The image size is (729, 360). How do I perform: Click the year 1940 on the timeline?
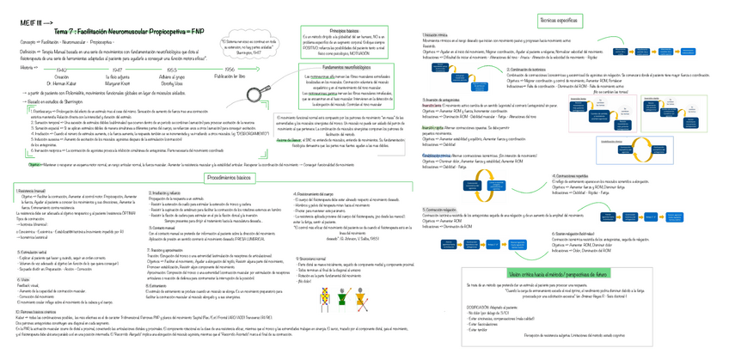click(x=61, y=70)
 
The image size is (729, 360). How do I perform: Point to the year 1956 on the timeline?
click(x=229, y=70)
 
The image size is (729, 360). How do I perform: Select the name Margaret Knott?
click(x=118, y=83)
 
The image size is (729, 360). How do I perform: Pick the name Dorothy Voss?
click(x=172, y=83)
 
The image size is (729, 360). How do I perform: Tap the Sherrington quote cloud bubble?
click(x=249, y=45)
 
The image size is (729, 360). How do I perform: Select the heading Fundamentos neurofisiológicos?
click(x=346, y=66)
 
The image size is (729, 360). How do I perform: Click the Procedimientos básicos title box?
click(x=230, y=177)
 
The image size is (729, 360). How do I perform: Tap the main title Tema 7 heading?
click(x=130, y=29)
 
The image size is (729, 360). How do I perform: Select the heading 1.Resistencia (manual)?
click(x=33, y=190)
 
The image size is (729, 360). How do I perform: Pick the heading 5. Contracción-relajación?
click(x=441, y=209)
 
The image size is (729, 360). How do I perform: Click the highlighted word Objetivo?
click(x=36, y=163)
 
